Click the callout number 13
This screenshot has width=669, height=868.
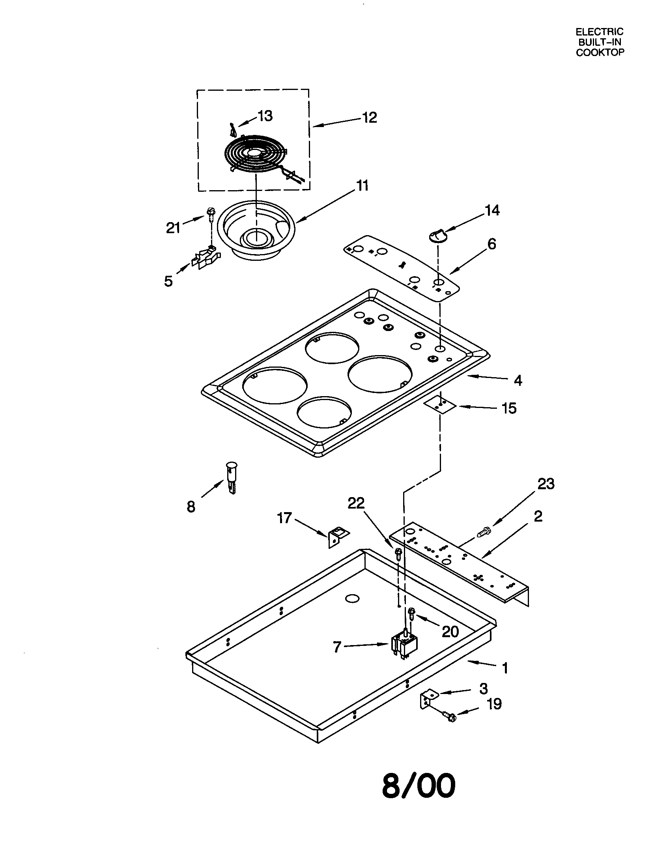click(265, 116)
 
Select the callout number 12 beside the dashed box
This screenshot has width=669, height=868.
click(369, 118)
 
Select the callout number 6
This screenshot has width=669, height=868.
click(491, 244)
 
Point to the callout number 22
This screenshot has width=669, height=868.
click(355, 503)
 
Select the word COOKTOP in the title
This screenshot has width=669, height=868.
click(600, 52)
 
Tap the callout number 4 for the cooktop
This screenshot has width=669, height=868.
click(517, 380)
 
